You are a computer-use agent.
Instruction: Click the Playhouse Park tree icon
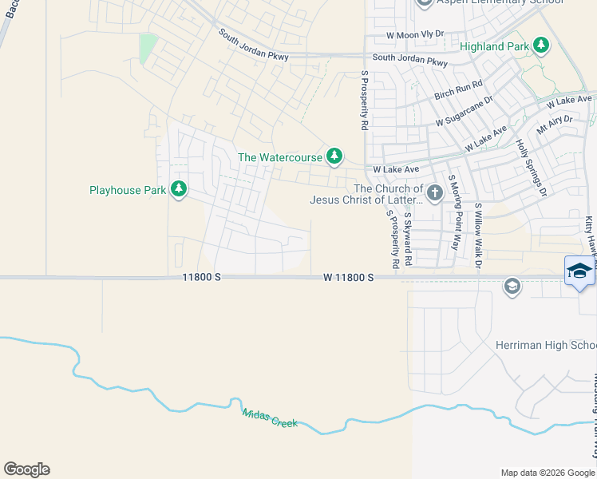(x=180, y=190)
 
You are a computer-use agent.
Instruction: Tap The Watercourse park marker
(x=336, y=156)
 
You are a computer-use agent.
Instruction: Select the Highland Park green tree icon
(x=542, y=45)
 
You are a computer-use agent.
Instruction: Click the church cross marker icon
(x=434, y=192)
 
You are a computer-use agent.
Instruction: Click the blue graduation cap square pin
(x=579, y=271)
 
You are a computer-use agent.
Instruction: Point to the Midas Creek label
(x=270, y=417)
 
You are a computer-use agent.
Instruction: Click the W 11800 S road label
(x=349, y=277)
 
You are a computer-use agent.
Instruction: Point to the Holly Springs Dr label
(x=532, y=168)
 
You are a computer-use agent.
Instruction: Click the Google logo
(x=26, y=469)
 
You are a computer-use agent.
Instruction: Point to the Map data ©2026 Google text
(x=547, y=473)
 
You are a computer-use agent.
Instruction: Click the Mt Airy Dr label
(x=555, y=125)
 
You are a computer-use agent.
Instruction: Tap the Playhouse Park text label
(x=128, y=190)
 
